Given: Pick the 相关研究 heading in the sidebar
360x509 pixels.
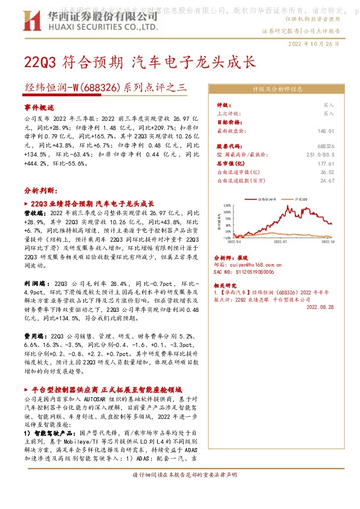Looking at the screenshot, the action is [x=227, y=284].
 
